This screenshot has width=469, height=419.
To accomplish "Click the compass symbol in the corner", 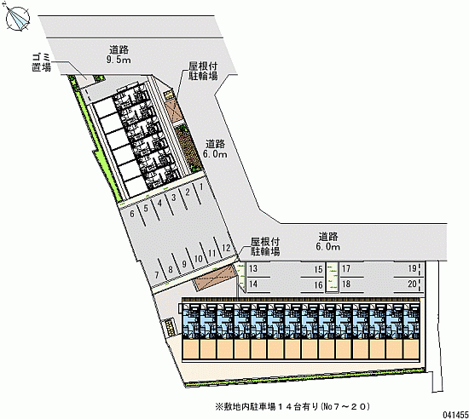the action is pyautogui.click(x=18, y=19).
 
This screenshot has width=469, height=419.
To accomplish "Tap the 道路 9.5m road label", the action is pyautogui.click(x=119, y=55).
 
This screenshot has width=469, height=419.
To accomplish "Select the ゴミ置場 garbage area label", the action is pyautogui.click(x=41, y=62).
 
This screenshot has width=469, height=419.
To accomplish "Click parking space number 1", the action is pyautogui.click(x=201, y=187).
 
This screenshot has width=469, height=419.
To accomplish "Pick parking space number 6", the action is pyautogui.click(x=132, y=214).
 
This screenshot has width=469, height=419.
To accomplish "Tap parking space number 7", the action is pyautogui.click(x=157, y=275).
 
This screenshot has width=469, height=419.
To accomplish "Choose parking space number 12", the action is pyautogui.click(x=226, y=248).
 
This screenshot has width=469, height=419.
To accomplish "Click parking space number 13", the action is pyautogui.click(x=253, y=268).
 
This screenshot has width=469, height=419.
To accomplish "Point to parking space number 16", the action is pyautogui.click(x=318, y=285).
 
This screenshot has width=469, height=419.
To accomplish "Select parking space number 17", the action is pyautogui.click(x=346, y=268).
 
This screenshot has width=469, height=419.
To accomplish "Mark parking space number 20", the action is pyautogui.click(x=412, y=284).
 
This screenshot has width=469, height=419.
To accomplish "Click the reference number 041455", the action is pyautogui.click(x=455, y=415).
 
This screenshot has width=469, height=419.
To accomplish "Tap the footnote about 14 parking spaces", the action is pyautogui.click(x=292, y=406).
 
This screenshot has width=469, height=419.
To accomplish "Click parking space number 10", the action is pyautogui.click(x=199, y=259).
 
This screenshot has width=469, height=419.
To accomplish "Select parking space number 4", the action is pyautogui.click(x=159, y=204).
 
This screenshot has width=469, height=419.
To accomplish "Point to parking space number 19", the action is pyautogui.click(x=412, y=268).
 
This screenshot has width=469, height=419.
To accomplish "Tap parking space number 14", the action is pyautogui.click(x=253, y=284).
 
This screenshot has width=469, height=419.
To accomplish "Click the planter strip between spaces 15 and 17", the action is pyautogui.click(x=332, y=277).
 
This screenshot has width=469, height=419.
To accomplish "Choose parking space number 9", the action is pyautogui.click(x=184, y=264).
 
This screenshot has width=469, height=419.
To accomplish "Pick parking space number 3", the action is pyautogui.click(x=174, y=198).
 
